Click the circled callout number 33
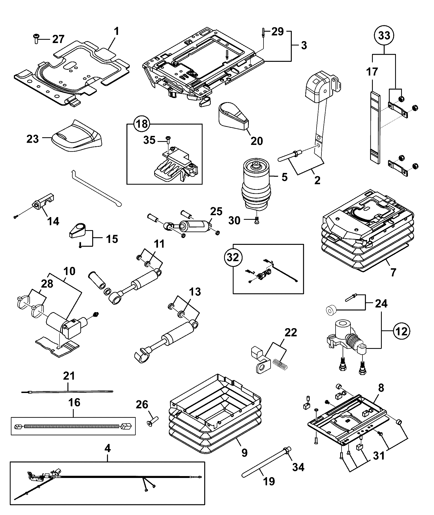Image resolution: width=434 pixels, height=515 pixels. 384,36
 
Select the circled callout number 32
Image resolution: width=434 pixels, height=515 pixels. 233,257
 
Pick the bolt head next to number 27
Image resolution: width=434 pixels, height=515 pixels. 36,39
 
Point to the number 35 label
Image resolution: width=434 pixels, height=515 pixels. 149,140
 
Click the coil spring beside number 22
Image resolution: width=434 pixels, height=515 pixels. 280,364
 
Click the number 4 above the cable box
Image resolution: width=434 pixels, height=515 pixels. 108,448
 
